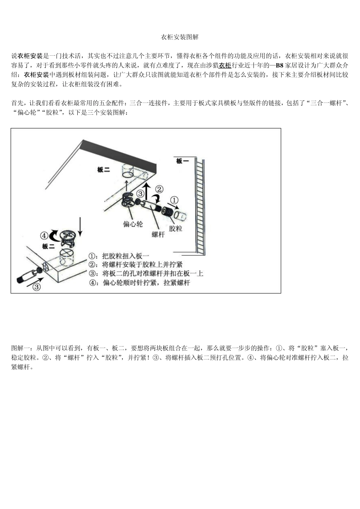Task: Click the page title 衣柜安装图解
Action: (180, 37)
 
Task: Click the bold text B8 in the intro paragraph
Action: (279, 65)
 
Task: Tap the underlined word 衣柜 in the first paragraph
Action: (225, 65)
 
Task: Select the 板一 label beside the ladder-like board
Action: (182, 161)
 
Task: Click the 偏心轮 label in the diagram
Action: (133, 224)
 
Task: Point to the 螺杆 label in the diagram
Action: (158, 234)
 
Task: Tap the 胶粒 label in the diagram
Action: (175, 228)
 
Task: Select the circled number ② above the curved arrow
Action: (159, 189)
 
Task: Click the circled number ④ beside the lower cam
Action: (44, 236)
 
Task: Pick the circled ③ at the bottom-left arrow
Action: (36, 287)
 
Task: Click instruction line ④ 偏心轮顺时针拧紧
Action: (139, 283)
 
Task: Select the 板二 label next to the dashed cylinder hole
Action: (103, 170)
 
